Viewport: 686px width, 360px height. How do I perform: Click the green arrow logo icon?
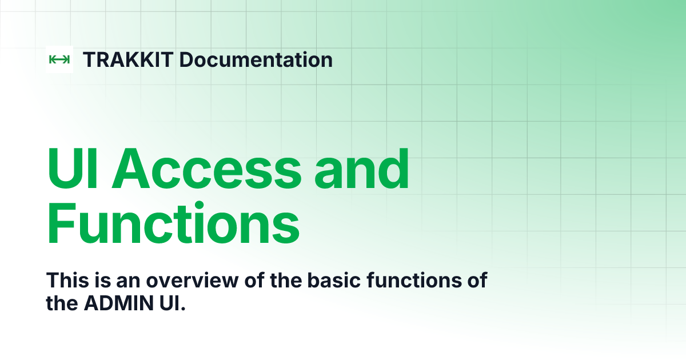tap(59, 59)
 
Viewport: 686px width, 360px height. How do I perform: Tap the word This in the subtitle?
tap(64, 281)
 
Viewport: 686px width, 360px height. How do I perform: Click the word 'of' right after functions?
tap(477, 281)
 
